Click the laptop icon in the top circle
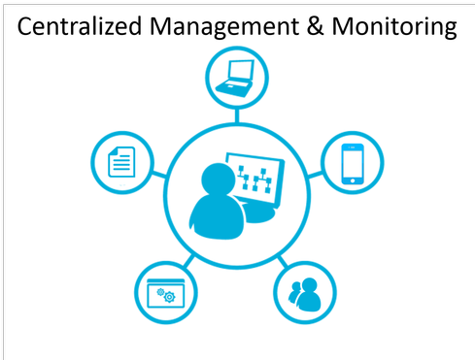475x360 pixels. tap(236, 77)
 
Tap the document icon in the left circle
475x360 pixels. tap(121, 160)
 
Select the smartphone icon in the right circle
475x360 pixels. tap(352, 162)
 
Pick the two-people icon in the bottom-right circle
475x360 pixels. tap(306, 293)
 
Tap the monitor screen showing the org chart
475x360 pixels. tap(254, 179)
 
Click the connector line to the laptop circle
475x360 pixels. tap(236, 114)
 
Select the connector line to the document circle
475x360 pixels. tap(159, 174)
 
